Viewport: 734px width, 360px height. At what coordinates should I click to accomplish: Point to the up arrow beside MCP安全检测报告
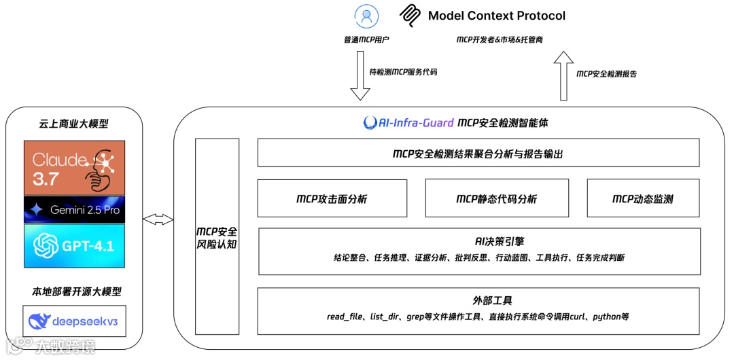point(562,76)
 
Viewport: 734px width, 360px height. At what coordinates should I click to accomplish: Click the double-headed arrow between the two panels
point(158,219)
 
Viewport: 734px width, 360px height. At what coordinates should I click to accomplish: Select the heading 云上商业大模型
point(73,124)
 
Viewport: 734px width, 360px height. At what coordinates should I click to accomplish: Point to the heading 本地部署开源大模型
point(73,292)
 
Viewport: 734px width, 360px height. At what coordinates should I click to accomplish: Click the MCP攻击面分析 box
point(332,198)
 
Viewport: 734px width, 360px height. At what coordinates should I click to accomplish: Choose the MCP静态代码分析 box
point(496,198)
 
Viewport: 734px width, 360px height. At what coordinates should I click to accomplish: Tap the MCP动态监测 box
point(642,198)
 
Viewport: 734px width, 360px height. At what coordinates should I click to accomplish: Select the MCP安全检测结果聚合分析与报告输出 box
point(478,154)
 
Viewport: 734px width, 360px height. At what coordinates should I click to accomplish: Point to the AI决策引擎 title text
point(478,241)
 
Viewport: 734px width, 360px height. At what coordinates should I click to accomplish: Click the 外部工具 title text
point(478,301)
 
